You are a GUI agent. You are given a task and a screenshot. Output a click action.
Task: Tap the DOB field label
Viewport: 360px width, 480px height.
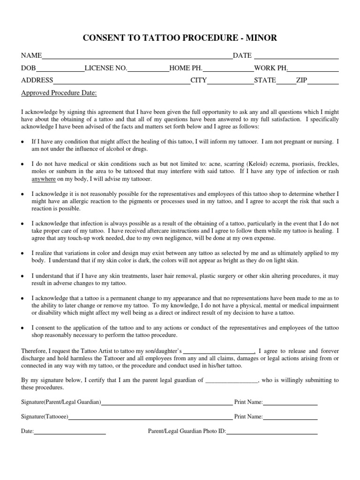click(28, 68)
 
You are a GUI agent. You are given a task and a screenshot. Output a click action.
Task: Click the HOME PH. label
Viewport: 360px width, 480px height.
click(186, 68)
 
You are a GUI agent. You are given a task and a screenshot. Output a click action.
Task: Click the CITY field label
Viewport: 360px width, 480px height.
click(198, 80)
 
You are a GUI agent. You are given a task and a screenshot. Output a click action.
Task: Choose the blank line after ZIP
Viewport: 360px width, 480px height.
click(323, 82)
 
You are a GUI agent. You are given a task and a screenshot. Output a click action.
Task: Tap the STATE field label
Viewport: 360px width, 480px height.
click(265, 80)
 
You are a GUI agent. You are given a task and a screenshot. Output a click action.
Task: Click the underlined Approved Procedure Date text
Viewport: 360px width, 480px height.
click(59, 93)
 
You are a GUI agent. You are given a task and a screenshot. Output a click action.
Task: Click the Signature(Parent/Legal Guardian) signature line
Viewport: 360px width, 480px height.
click(167, 403)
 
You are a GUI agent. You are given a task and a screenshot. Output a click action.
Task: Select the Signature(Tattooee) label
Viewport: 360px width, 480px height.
click(45, 416)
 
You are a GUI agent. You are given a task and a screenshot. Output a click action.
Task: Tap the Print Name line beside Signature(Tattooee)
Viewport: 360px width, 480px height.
click(290, 417)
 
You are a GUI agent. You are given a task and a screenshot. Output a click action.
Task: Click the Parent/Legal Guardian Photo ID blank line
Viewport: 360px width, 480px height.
click(272, 432)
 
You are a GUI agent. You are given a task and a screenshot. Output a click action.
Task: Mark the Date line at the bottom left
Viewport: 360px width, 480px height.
click(70, 432)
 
